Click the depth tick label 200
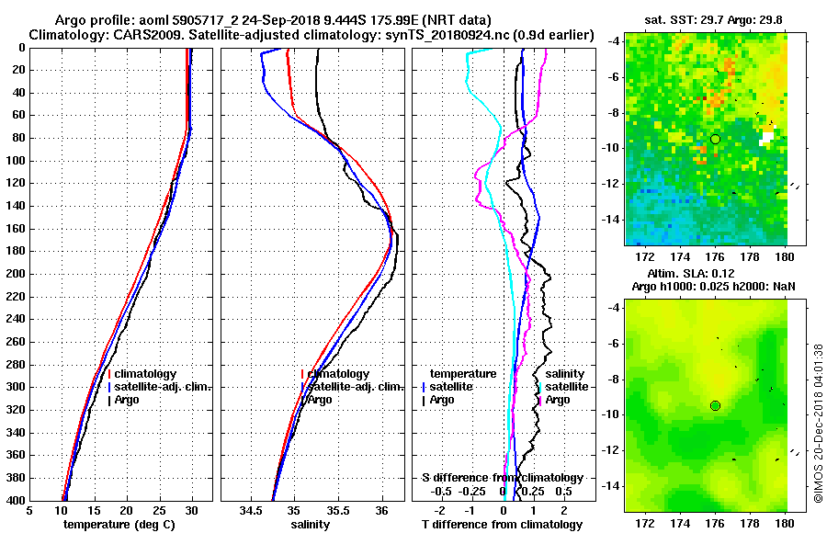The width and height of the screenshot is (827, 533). (x=16, y=274)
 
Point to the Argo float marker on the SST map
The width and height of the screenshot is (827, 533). (x=715, y=139)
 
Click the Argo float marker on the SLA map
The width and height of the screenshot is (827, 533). (x=715, y=405)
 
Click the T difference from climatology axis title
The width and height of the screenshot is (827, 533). (x=503, y=525)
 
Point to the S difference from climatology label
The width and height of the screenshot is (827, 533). (x=502, y=478)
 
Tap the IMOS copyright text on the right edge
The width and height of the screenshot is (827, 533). (x=819, y=418)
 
